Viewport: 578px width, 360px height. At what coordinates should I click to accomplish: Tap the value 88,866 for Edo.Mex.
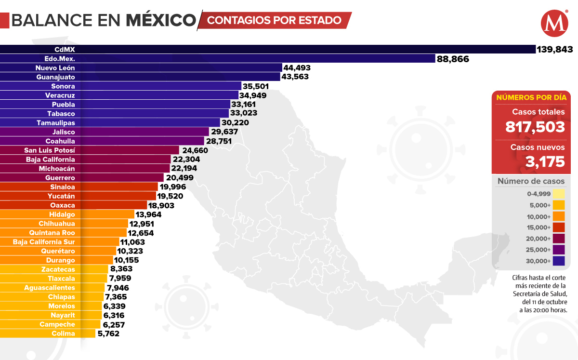point(453,59)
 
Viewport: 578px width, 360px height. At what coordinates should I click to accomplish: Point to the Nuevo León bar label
point(55,68)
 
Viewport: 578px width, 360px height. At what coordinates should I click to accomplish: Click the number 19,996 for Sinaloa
point(174,187)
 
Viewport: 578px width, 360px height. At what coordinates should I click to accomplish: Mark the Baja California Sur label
point(44,242)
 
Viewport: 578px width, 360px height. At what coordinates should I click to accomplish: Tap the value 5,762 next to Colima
point(108,333)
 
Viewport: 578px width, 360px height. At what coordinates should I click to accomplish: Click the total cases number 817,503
point(535,127)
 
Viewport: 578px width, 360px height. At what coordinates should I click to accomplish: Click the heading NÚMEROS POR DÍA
point(531,97)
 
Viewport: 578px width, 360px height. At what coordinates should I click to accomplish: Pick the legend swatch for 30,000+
point(559,261)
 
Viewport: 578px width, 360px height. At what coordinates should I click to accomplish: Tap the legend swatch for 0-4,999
point(559,194)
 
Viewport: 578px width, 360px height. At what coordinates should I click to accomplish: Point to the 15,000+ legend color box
point(559,227)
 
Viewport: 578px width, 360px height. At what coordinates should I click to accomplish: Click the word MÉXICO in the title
point(161,20)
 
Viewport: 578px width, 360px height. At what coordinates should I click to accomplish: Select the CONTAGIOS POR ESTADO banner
point(275,20)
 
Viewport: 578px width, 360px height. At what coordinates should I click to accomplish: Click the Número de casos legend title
point(531,182)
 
